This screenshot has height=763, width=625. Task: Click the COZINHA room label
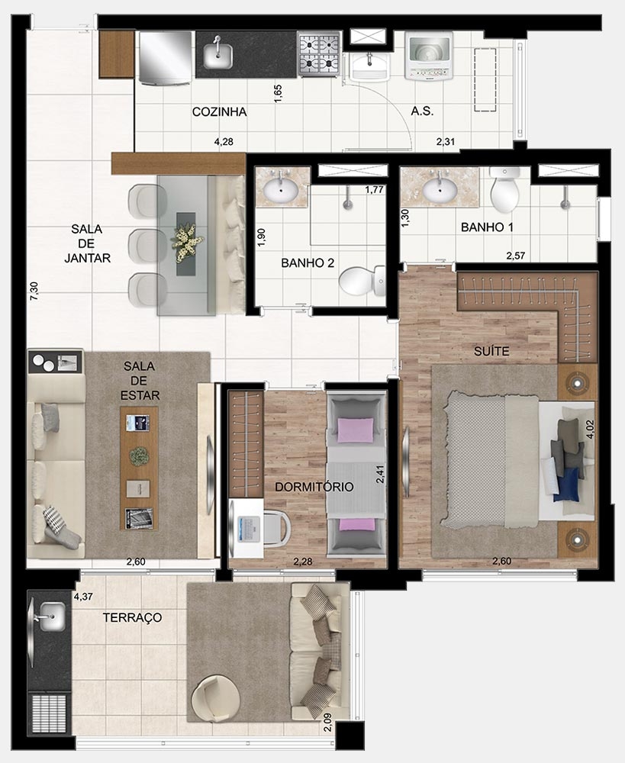point(219,111)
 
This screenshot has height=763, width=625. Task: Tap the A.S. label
point(422,111)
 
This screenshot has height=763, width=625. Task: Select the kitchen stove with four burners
point(318,53)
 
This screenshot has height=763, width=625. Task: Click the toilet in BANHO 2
point(363,282)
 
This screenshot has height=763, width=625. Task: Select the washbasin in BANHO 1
point(440,187)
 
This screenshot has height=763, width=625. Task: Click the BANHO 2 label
point(308,263)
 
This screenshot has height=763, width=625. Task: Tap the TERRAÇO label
point(132,617)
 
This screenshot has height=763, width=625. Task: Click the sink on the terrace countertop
point(50,613)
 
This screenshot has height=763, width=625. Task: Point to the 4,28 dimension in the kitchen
point(224,141)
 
